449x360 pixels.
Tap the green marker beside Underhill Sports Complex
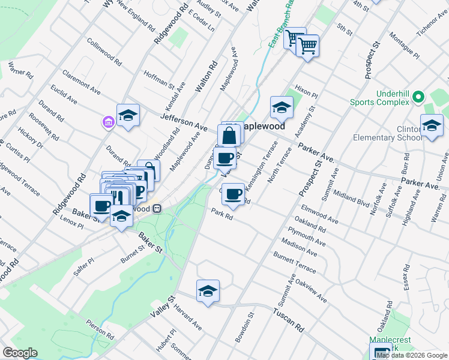pyautogui.click(x=419, y=96)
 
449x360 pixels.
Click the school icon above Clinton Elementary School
pyautogui.click(x=431, y=125)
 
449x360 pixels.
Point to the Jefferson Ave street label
pyautogui.click(x=184, y=120)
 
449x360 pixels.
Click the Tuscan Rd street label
pyautogui.click(x=289, y=321)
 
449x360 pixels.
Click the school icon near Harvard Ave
pyautogui.click(x=208, y=291)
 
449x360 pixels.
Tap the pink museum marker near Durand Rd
pyautogui.click(x=109, y=123)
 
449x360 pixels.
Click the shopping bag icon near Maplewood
pyautogui.click(x=229, y=135)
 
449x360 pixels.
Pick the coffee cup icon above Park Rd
pyautogui.click(x=233, y=194)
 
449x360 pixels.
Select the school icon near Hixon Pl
pyautogui.click(x=280, y=107)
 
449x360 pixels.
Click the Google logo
pyautogui.click(x=20, y=353)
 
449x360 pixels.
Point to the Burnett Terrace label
pyautogui.click(x=294, y=263)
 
